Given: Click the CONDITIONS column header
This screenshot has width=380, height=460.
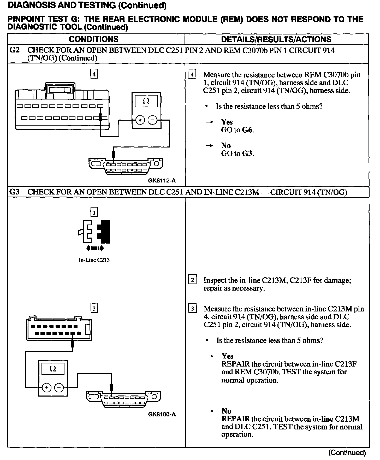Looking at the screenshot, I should click(93, 39).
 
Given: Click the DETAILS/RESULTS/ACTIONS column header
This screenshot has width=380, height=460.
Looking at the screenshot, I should click(276, 39).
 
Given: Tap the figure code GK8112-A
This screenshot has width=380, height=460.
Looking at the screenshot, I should click(162, 180).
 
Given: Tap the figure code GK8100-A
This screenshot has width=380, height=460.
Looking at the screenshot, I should click(162, 414).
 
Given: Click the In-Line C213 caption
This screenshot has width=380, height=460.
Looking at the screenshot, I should click(94, 260).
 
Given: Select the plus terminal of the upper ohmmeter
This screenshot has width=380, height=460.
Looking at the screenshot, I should click(140, 120).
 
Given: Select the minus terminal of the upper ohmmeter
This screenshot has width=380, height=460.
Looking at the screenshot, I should click(153, 120).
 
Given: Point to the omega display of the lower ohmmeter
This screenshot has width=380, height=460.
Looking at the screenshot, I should click(53, 369).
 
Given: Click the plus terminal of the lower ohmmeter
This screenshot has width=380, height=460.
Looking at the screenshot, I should click(47, 388).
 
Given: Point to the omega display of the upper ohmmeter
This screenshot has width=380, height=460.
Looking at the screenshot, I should click(146, 101).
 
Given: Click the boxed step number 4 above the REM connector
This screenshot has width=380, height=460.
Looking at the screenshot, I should click(94, 74).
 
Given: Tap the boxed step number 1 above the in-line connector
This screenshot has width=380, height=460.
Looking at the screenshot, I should click(94, 212).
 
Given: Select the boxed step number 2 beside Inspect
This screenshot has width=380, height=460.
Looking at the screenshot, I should click(192, 280).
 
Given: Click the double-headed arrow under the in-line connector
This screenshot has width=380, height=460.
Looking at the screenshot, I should click(94, 248).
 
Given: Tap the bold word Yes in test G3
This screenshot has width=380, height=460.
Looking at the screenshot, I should click(227, 356).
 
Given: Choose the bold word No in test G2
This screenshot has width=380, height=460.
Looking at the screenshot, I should click(226, 145).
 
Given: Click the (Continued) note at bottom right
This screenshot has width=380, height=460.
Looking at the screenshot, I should click(347, 452).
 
